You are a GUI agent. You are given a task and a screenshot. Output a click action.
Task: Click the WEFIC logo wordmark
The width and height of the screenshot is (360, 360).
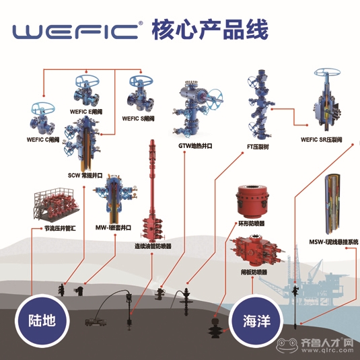click(x=76, y=31)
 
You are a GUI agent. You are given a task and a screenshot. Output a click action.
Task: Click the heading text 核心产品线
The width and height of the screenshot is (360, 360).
click(x=210, y=30)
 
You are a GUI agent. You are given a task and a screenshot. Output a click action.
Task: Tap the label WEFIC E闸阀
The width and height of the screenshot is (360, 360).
click(x=86, y=112)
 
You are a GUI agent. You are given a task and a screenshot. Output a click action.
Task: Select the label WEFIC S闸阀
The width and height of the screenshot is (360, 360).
click(x=138, y=118)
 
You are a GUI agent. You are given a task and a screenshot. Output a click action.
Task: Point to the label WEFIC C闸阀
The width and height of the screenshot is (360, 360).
click(x=43, y=139)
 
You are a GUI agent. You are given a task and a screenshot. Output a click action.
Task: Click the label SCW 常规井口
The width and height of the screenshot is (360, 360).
click(x=85, y=176)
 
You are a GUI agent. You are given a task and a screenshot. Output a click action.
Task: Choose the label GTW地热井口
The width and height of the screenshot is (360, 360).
click(x=195, y=146)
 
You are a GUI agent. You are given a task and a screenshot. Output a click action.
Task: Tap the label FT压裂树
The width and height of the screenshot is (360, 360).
click(x=258, y=147)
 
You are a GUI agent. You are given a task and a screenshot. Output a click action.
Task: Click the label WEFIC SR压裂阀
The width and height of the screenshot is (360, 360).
click(x=322, y=139)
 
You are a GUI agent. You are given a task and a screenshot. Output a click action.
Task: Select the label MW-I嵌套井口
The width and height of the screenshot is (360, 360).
click(x=113, y=227)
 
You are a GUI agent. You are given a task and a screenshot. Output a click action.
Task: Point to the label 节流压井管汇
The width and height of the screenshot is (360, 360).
click(x=60, y=228)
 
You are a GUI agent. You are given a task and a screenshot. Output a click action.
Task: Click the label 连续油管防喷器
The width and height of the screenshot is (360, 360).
click(x=153, y=246)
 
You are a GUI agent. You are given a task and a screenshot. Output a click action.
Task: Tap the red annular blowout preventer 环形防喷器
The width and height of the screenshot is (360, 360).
click(x=252, y=202)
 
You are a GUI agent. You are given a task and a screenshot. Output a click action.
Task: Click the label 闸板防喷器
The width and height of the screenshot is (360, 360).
click(x=254, y=273)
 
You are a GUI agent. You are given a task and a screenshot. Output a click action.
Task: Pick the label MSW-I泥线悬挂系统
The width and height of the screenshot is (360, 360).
click(x=334, y=242)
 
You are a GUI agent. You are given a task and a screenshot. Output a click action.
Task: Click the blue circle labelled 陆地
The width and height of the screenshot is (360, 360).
click(x=42, y=320)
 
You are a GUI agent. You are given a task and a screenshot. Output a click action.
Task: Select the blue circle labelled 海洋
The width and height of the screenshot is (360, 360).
click(x=256, y=320)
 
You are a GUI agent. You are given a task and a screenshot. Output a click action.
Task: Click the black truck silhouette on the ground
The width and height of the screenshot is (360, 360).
click(x=96, y=322)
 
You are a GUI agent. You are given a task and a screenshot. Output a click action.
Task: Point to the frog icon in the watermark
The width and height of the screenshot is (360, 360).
click(x=287, y=345)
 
